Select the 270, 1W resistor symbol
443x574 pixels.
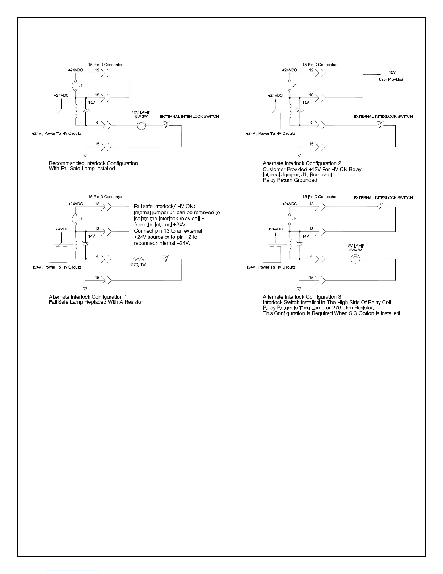[139, 259]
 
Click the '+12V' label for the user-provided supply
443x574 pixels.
[391, 72]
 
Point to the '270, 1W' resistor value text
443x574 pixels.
[139, 265]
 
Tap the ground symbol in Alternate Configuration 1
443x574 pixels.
[85, 289]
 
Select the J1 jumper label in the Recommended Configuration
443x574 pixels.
[81, 86]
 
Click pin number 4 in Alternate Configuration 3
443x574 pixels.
[311, 256]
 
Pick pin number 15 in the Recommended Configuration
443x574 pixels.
[97, 144]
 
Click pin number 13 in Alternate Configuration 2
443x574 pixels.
[311, 95]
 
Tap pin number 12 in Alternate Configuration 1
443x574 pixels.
[97, 204]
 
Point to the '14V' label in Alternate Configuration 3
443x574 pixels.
[306, 236]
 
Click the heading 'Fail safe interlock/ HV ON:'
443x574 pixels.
[165, 207]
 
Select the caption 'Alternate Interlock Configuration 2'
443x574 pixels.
[302, 163]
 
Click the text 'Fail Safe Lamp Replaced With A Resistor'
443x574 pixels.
[96, 302]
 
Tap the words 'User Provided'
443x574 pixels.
[391, 79]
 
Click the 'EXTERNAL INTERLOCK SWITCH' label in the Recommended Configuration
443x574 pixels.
[189, 117]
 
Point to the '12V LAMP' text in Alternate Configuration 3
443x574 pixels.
[355, 246]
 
